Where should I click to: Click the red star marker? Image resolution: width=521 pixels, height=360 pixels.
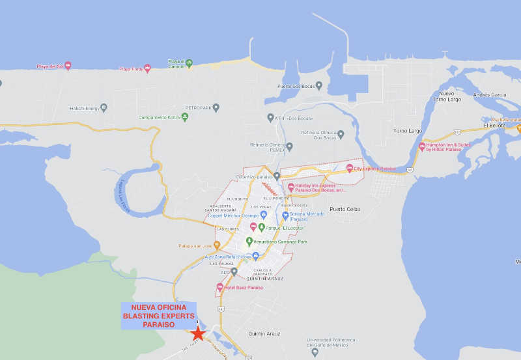click(198, 333)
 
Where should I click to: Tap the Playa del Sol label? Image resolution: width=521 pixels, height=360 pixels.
click(50, 66)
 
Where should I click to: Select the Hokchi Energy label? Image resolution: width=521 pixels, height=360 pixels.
click(84, 108)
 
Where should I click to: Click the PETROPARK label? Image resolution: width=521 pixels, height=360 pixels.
click(198, 107)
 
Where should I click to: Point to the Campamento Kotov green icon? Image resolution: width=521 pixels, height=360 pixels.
click(185, 117)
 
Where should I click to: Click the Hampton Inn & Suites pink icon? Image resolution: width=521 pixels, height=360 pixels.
click(422, 147)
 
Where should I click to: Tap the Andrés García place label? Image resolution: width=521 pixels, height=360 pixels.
click(489, 95)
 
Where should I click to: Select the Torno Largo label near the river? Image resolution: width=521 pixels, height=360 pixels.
click(408, 131)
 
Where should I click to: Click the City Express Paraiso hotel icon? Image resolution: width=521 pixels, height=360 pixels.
click(349, 169)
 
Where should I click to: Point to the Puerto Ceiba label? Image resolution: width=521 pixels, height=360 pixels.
click(345, 209)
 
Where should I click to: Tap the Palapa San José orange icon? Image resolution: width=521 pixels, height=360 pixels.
click(217, 245)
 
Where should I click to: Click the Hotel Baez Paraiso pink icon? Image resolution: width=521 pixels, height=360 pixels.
click(220, 287)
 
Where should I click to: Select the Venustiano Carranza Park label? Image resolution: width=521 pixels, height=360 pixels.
click(280, 242)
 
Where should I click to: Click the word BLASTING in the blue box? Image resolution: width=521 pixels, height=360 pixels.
click(139, 315)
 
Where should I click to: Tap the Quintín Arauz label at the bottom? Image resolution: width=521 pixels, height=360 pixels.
click(264, 333)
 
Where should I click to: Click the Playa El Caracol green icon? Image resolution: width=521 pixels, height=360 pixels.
click(189, 63)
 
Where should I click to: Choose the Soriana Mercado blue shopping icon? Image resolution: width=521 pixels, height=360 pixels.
click(285, 216)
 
